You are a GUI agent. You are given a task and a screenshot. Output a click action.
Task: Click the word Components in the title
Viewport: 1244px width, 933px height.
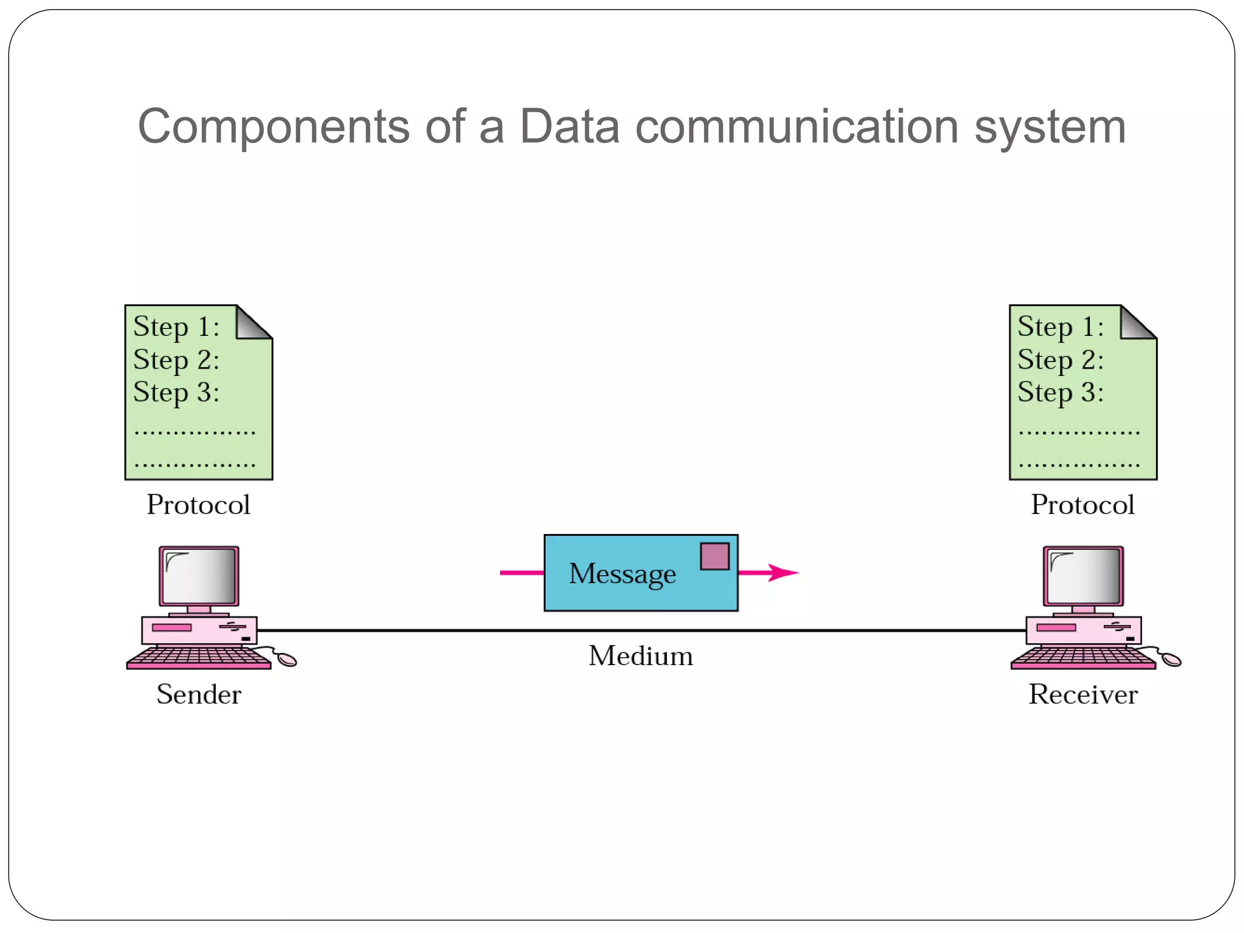273,127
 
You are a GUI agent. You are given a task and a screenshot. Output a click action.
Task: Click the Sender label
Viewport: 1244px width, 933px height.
199,694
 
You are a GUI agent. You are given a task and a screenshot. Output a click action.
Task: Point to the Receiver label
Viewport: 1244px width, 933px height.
1082,694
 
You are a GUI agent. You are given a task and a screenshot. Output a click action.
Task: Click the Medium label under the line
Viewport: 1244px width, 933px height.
640,656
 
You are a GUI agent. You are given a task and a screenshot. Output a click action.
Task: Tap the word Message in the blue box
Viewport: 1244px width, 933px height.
622,574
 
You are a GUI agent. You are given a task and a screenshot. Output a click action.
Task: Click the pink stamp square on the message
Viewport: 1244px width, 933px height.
714,556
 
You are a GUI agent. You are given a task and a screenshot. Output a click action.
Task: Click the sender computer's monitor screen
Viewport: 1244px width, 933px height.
199,575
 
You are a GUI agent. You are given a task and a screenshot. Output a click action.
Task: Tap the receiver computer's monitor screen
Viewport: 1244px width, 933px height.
1084,575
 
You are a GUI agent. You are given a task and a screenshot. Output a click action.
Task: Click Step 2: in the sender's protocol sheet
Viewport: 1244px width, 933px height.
176,360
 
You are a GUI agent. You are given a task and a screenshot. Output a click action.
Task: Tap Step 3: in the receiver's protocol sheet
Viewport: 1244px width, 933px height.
1061,392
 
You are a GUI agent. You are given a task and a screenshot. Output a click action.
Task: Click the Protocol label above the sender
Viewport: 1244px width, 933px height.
199,505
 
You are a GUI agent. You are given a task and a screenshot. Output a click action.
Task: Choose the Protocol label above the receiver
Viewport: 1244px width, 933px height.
1082,505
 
